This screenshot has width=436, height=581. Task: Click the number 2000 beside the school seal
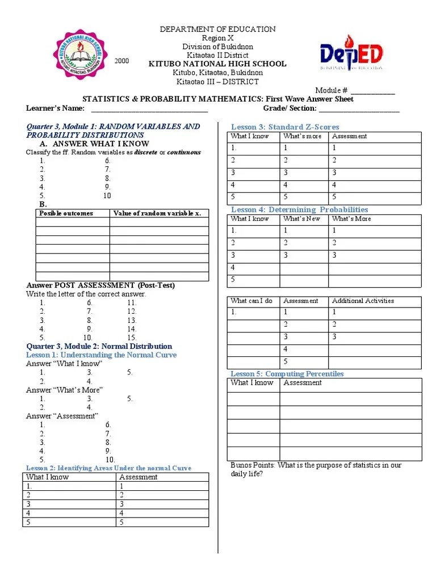[122, 61]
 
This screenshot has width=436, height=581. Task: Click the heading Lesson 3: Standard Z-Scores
[284, 127]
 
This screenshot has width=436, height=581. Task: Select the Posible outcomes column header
[66, 213]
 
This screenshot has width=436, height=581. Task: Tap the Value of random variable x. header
[157, 213]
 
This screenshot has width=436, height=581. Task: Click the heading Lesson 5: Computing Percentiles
[287, 374]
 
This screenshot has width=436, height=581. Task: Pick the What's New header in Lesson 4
[301, 219]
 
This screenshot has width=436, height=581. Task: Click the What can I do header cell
[251, 301]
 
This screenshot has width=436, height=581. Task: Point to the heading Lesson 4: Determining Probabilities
[299, 210]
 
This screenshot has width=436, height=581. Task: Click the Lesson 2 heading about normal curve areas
[108, 468]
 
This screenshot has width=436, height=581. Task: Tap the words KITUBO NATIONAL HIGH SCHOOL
[217, 64]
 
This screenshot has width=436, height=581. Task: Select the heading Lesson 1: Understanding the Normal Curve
[102, 355]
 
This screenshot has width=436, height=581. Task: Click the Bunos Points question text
[316, 469]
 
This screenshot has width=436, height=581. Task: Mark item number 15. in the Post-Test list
[132, 338]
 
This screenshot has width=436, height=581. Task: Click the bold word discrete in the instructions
[145, 153]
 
